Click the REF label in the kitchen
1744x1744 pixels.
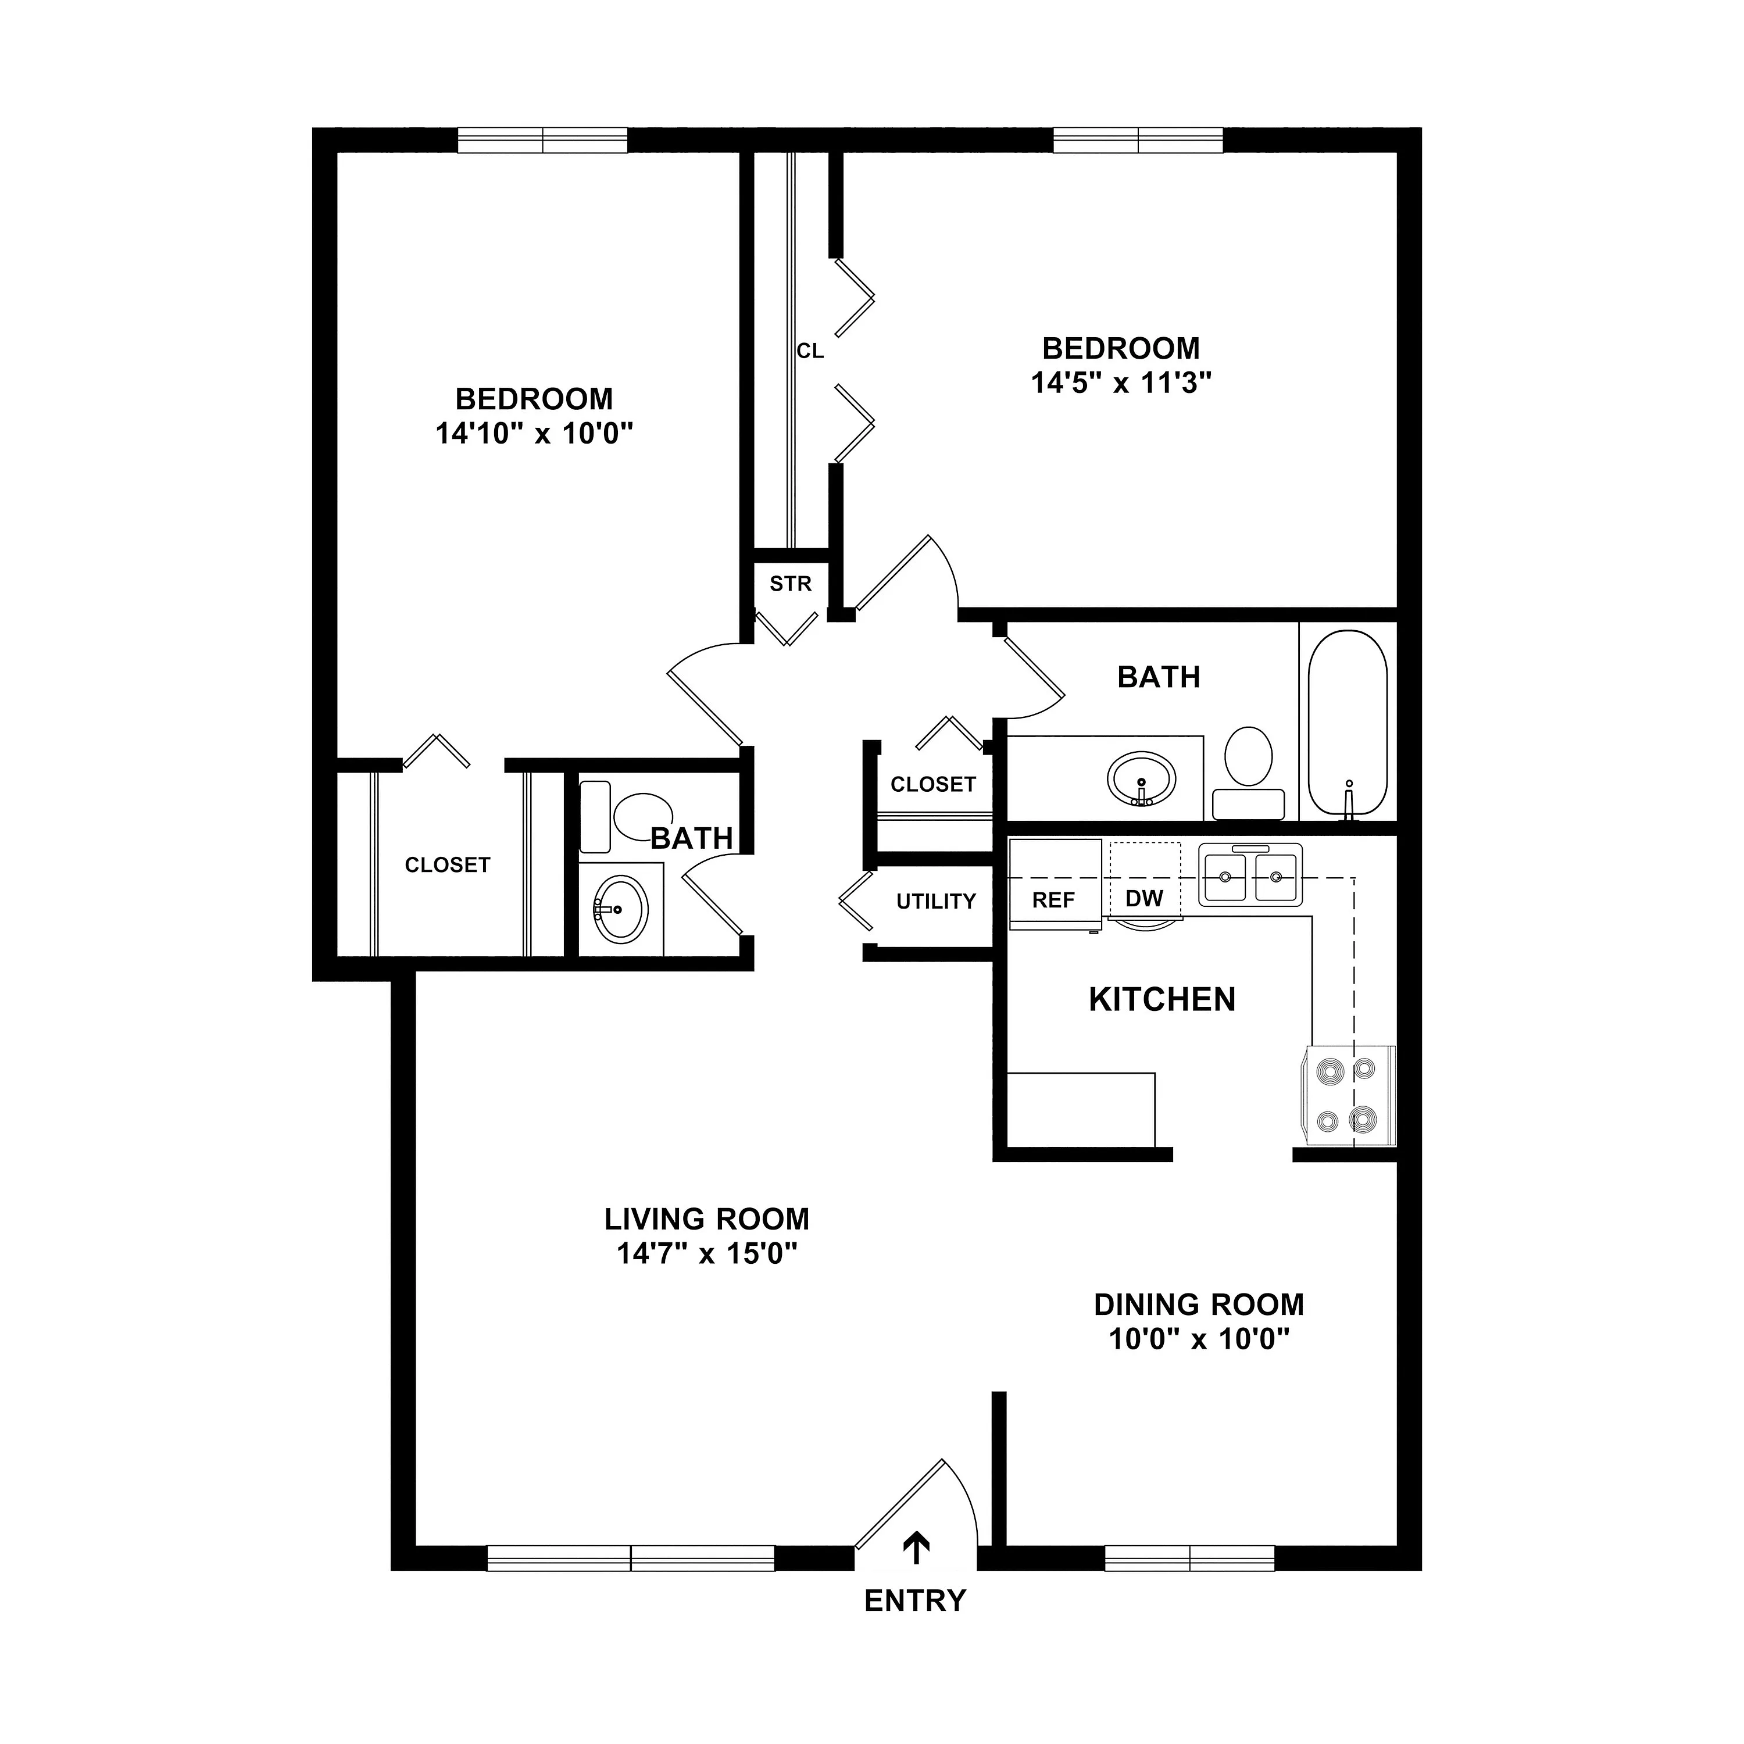click(1053, 900)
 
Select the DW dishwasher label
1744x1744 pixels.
click(1143, 898)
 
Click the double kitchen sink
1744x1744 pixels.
click(1250, 874)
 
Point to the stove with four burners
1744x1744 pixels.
click(1349, 1096)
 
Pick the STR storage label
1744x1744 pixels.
click(791, 584)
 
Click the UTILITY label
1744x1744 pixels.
click(936, 901)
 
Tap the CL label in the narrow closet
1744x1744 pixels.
click(810, 351)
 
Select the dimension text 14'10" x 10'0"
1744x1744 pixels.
click(534, 434)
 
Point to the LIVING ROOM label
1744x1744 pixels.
click(707, 1220)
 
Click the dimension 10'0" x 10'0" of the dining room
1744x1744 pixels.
click(1199, 1339)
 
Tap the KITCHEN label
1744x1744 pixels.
click(1162, 999)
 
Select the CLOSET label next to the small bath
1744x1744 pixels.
click(447, 865)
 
